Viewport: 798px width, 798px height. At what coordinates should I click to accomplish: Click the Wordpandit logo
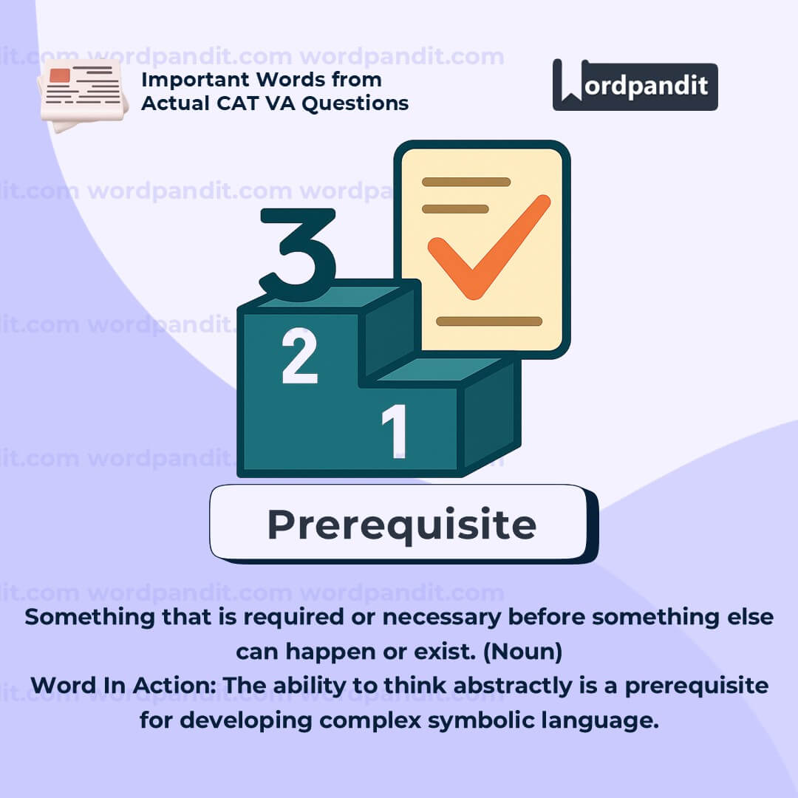635,85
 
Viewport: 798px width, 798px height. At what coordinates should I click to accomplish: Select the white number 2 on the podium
300,355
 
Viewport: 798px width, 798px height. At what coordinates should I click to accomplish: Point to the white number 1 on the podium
395,432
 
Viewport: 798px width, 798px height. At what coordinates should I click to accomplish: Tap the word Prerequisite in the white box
402,525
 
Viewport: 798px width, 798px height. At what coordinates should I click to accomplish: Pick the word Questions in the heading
355,104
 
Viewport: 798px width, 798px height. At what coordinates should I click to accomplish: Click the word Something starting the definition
89,617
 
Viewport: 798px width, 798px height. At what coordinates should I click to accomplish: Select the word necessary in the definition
442,618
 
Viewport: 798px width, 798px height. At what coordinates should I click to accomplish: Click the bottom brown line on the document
489,321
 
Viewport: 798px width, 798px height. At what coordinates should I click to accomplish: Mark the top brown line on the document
466,182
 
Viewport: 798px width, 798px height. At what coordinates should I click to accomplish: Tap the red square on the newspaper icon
60,75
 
